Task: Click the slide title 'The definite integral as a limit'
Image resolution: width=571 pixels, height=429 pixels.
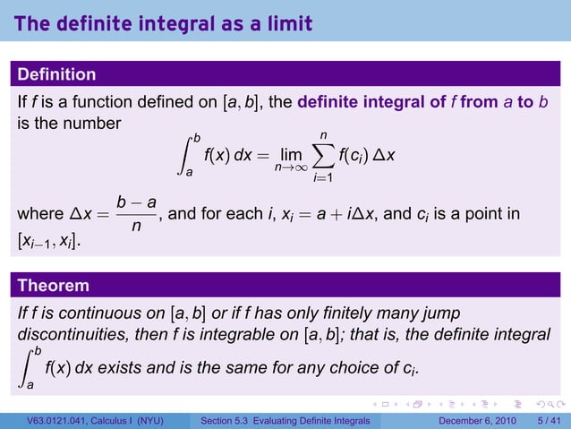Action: click(163, 24)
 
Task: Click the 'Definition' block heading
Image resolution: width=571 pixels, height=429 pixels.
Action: click(56, 73)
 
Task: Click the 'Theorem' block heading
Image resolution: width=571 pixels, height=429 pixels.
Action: click(53, 286)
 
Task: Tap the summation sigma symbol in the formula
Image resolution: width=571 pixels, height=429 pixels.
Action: click(322, 157)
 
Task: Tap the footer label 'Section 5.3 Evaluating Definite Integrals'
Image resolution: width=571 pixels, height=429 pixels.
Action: click(286, 421)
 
